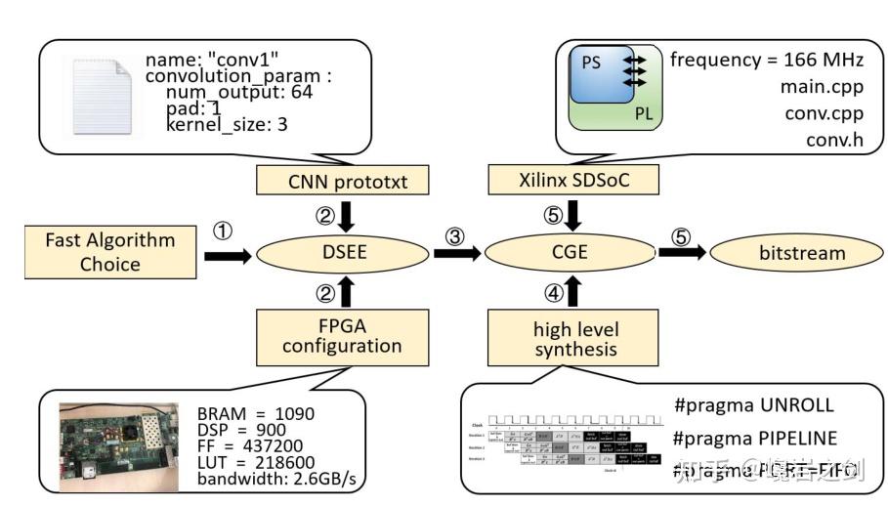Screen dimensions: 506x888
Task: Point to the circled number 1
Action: [x=224, y=232]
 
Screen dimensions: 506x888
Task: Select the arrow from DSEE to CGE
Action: [x=456, y=254]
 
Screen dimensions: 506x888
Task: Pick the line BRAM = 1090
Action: [x=256, y=413]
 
